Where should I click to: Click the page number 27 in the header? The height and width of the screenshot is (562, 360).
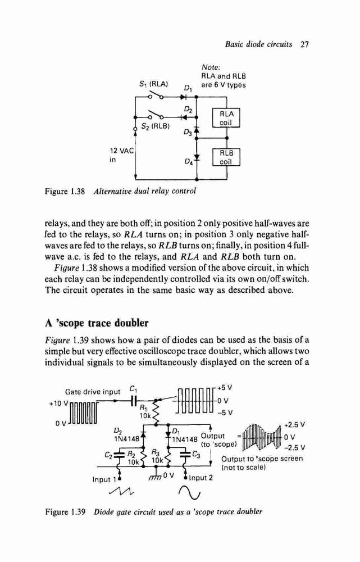coord(304,44)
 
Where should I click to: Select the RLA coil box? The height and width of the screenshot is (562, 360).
coord(226,118)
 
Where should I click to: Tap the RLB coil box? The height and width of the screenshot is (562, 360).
coord(226,157)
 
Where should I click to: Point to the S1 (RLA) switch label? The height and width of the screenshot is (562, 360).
coord(154,85)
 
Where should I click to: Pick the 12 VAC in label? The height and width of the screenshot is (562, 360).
coord(121,155)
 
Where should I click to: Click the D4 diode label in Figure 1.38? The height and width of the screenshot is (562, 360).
coord(189,162)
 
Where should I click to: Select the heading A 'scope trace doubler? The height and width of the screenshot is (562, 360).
coord(97,323)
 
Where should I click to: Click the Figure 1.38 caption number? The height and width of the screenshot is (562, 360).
coord(65,191)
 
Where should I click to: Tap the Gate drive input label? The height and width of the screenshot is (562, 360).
coord(93,391)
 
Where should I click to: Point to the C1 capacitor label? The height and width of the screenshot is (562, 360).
coord(133,388)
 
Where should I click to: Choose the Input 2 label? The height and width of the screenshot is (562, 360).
coord(200,477)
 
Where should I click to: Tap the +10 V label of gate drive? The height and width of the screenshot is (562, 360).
coord(58,402)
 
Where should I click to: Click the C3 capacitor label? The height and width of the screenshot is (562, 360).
coord(197,455)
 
